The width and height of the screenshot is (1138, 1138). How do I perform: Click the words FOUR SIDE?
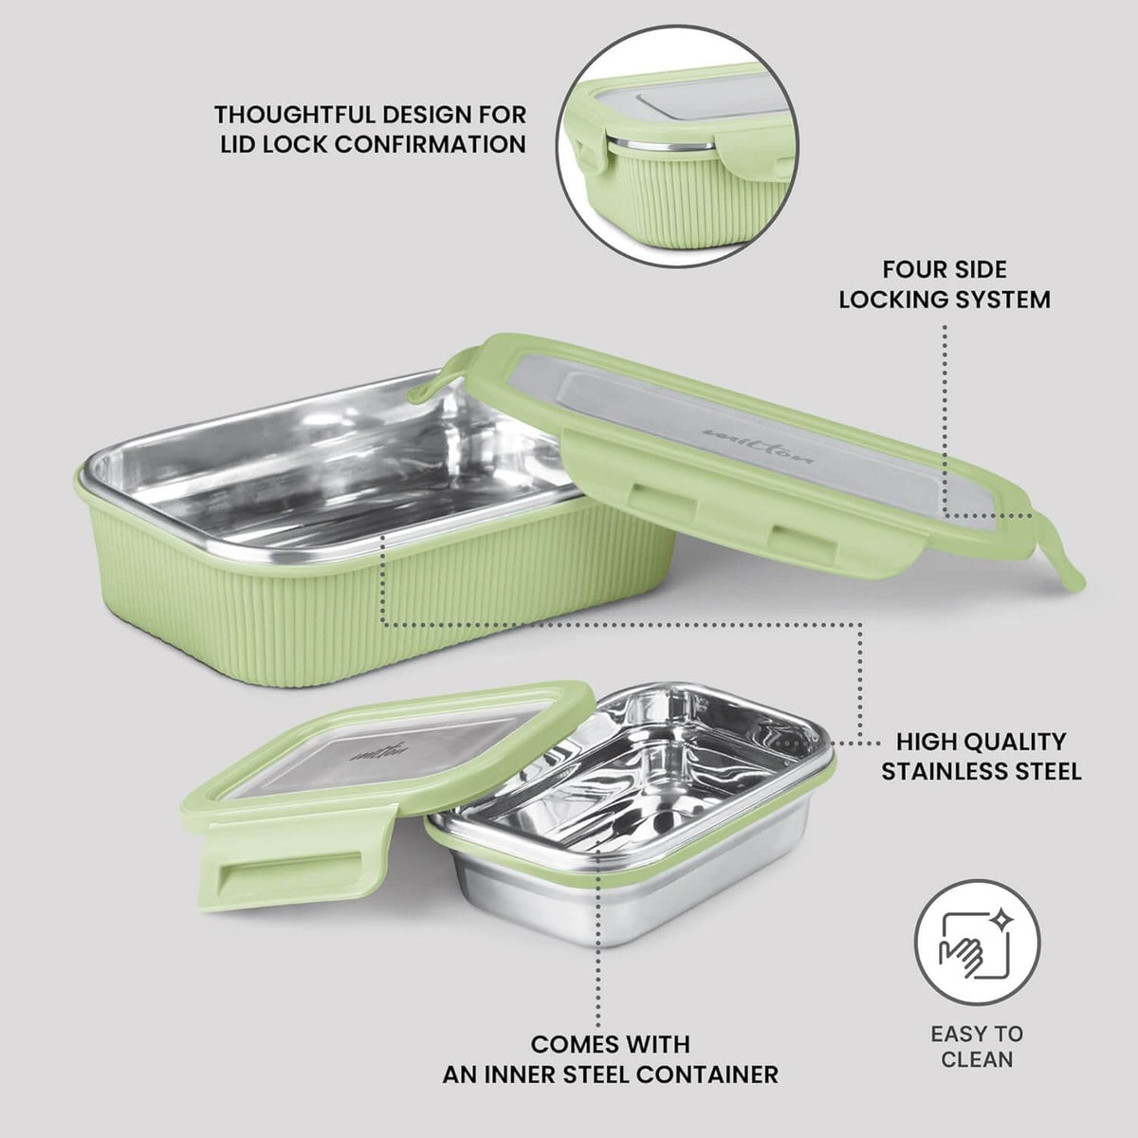click(x=944, y=269)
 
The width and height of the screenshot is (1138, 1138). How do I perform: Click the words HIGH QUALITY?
click(x=981, y=741)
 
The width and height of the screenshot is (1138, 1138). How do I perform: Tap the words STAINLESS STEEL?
click(x=981, y=771)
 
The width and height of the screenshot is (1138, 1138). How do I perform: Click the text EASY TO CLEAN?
click(x=977, y=1045)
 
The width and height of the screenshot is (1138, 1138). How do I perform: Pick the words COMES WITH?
click(x=610, y=1044)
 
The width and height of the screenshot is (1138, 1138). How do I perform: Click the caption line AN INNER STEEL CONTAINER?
click(x=610, y=1074)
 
